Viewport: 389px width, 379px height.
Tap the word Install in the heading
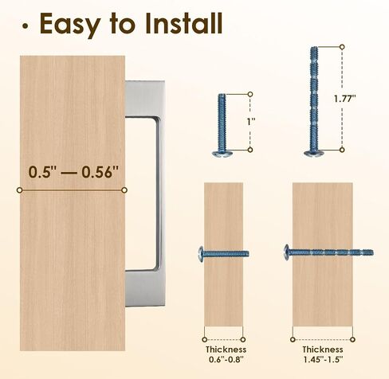tap(183, 23)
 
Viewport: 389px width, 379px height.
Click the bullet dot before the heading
tap(25, 26)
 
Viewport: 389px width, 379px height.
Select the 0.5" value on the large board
tap(42, 172)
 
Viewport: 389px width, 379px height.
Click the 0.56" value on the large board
tap(100, 172)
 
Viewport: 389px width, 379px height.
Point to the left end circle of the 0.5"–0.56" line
tap(19, 190)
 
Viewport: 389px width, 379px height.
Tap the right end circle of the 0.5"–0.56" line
tap(124, 190)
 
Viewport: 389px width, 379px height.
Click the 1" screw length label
tap(251, 122)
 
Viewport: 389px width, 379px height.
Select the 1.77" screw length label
tap(344, 99)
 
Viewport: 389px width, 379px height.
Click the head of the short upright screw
tap(222, 153)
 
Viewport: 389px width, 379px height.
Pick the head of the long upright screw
tap(314, 153)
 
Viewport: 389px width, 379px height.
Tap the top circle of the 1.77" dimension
tap(342, 47)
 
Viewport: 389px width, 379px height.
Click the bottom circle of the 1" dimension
tap(250, 150)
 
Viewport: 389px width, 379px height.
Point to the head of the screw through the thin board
tap(201, 254)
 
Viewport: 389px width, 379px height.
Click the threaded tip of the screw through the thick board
tap(367, 252)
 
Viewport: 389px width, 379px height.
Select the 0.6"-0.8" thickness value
tap(226, 360)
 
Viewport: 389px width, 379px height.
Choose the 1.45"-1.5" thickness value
tap(323, 360)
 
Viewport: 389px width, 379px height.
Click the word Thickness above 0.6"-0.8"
tap(226, 350)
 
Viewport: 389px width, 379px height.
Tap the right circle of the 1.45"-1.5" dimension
tap(352, 339)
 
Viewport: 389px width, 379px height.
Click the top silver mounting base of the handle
tap(144, 99)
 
